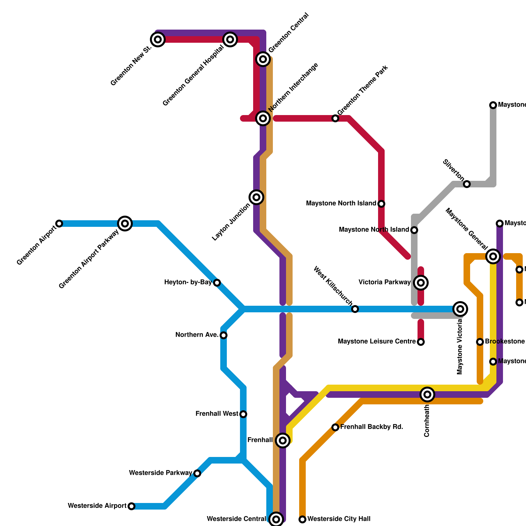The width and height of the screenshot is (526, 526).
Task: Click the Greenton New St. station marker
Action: (158, 39)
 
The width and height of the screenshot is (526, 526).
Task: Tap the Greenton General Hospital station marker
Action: (230, 39)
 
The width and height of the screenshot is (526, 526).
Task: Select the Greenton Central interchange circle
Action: (263, 59)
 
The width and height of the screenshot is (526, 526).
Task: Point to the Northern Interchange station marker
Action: (263, 118)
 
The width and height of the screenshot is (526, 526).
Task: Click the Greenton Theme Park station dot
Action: (335, 118)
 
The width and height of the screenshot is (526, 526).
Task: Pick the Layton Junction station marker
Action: (256, 197)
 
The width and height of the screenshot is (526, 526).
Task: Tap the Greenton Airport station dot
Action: (59, 224)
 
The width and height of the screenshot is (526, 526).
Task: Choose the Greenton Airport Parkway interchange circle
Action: (125, 224)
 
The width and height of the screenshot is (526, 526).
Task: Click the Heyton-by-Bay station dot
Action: (217, 283)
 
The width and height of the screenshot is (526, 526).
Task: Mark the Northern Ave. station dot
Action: (224, 335)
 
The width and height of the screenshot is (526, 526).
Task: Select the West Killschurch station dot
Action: (355, 309)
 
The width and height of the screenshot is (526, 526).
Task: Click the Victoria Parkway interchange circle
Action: (421, 282)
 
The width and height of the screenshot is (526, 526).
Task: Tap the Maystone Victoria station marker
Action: (460, 309)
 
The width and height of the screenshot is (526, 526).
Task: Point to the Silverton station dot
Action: (467, 184)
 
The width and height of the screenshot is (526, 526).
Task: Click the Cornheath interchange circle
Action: (427, 394)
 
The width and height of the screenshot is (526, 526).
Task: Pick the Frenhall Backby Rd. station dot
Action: (335, 427)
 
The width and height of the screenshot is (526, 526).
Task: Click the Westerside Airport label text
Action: (97, 506)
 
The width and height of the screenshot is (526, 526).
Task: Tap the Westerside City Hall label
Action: (339, 519)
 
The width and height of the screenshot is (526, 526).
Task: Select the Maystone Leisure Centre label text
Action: (377, 342)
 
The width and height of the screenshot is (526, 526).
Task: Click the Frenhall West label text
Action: (217, 414)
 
